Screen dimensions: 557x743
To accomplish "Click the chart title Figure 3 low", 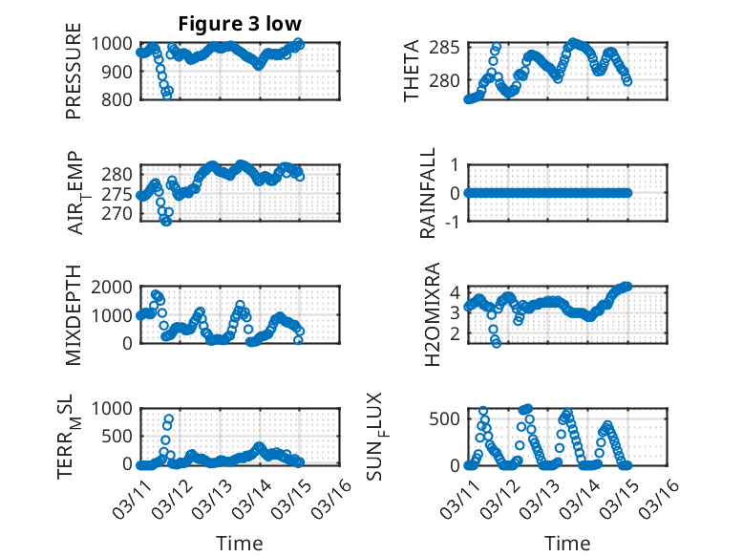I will [240, 24].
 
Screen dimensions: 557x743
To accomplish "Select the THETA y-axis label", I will [412, 71].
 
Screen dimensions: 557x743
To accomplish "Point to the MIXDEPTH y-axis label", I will [74, 315].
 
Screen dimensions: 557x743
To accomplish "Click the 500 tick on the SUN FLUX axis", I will [449, 418].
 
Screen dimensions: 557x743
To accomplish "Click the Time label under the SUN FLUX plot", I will [567, 544].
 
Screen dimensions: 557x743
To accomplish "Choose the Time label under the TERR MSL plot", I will [240, 544].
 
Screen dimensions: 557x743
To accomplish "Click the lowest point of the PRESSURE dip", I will [167, 95].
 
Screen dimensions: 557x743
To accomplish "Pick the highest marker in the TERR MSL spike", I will [169, 418].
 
